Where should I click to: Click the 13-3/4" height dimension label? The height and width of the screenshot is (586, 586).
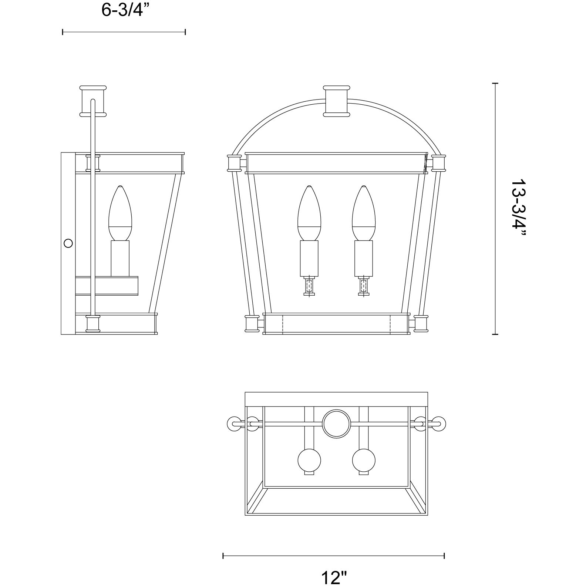pyautogui.click(x=518, y=209)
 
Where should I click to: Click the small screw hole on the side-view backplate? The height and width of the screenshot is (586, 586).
pyautogui.click(x=68, y=243)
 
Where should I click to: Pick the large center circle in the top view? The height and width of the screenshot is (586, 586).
pyautogui.click(x=336, y=424)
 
